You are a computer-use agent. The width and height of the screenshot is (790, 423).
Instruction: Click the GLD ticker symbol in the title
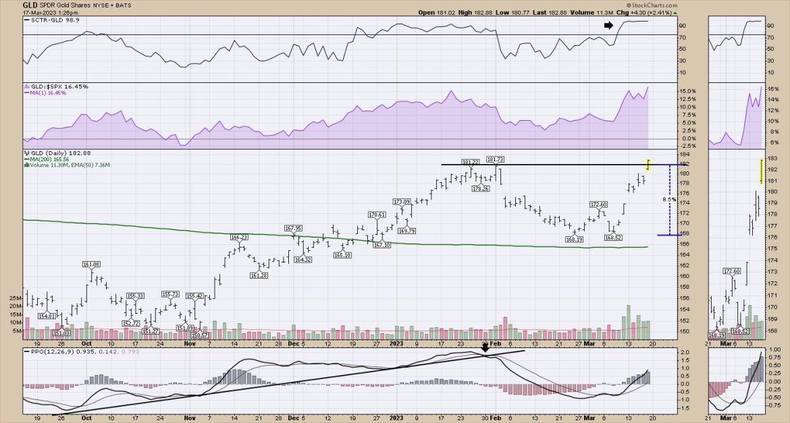point(11,4)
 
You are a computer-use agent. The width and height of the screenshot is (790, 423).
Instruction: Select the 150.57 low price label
point(200,335)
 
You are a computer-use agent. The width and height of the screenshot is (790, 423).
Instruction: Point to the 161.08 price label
point(91,264)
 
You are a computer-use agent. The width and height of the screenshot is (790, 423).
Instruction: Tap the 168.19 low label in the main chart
point(575,238)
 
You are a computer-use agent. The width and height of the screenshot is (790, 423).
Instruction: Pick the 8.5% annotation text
point(668,200)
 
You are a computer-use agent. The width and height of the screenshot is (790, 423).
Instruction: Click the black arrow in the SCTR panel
point(609,25)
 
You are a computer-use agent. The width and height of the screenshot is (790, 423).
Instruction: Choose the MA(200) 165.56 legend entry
point(53,159)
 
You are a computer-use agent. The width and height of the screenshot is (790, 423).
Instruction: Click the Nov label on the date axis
point(190,343)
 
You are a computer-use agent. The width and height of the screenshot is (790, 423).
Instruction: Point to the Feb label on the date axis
point(495,343)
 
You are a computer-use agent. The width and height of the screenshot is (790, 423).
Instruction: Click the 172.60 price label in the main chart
point(600,204)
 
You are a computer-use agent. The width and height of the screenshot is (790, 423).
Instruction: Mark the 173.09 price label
point(402,201)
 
